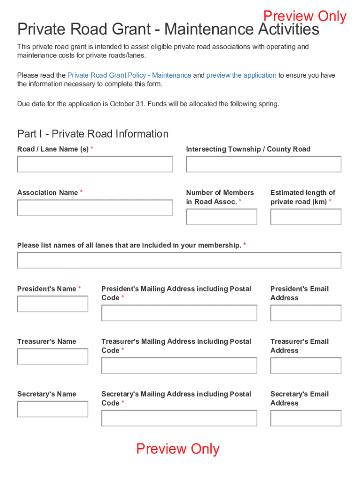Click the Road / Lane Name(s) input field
pos(95,164)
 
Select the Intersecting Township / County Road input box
pos(264,164)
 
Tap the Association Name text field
pos(95,208)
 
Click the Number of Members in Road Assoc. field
pos(222,217)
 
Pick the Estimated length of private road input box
pos(306,217)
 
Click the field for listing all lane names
pos(179,261)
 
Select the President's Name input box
pos(52,304)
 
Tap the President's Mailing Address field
pos(179,313)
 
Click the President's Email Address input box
pos(306,313)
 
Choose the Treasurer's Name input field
pos(52,356)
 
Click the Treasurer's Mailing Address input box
pos(179,366)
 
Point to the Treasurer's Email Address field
pos(306,366)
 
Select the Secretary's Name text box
pos(52,409)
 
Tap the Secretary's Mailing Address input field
pos(179,418)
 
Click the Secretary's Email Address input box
pos(306,418)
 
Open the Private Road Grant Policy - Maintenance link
pos(129,75)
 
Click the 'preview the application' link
pos(241,75)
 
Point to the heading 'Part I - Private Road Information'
pos(93,134)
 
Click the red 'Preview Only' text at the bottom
pos(178,449)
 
